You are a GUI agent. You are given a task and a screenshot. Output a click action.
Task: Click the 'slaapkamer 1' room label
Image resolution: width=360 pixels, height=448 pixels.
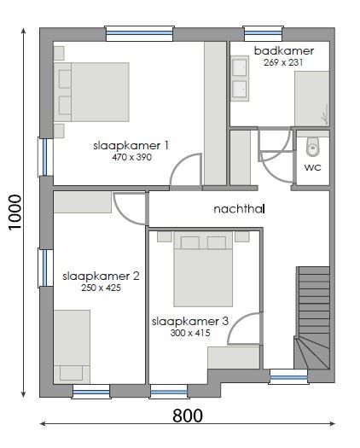click(131, 146)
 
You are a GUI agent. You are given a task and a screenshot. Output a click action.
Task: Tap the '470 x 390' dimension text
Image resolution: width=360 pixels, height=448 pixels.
click(131, 158)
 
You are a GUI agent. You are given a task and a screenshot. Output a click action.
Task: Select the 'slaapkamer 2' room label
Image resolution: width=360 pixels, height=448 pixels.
click(101, 276)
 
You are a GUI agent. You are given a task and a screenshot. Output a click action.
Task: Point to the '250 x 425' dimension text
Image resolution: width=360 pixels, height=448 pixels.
click(101, 288)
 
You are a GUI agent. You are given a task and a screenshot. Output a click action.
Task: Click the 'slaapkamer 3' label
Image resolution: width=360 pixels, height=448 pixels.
click(190, 322)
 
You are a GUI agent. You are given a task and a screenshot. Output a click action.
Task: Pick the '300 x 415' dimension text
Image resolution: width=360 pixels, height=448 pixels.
click(190, 333)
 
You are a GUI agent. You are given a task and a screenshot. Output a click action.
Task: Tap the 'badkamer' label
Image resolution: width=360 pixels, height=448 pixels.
click(284, 51)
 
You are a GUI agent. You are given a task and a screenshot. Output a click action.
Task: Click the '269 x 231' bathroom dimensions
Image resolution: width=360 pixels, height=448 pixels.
click(284, 63)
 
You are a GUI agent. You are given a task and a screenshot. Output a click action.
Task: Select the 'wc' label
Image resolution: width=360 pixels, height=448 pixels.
click(313, 167)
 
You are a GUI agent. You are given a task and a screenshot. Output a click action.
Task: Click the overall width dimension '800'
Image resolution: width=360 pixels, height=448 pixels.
click(188, 416)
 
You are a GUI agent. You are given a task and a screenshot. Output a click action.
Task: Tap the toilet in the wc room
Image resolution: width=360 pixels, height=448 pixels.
click(312, 146)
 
